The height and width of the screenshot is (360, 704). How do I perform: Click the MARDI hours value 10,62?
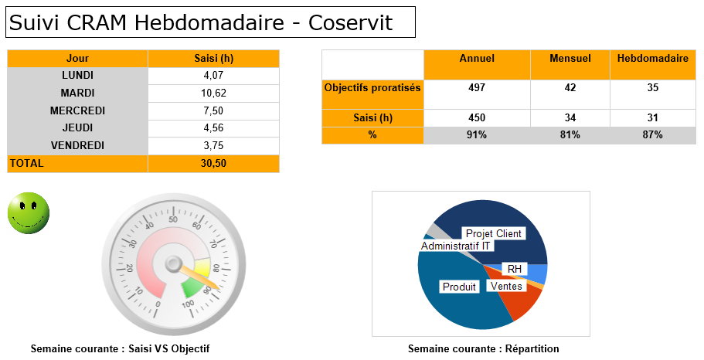click(x=214, y=93)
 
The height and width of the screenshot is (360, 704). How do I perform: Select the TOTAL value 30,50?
click(x=214, y=164)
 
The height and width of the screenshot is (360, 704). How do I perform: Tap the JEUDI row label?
click(x=78, y=128)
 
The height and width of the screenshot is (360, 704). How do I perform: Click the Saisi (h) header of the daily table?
click(x=214, y=59)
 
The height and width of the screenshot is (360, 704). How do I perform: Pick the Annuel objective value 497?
click(x=477, y=87)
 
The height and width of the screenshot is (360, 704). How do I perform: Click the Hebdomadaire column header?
click(x=653, y=59)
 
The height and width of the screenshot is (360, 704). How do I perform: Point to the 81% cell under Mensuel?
click(x=570, y=135)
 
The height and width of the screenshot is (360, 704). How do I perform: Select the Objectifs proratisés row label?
click(x=372, y=87)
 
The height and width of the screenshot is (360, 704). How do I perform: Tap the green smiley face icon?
click(x=29, y=213)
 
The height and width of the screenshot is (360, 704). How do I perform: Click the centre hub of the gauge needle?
click(x=173, y=264)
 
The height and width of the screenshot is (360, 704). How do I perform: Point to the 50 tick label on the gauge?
click(x=173, y=219)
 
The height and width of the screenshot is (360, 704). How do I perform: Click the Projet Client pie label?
click(x=494, y=233)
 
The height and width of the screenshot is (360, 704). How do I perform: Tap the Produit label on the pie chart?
click(x=459, y=287)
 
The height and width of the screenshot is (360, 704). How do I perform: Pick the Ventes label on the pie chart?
click(x=506, y=287)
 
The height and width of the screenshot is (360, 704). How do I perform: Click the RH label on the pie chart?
click(x=515, y=269)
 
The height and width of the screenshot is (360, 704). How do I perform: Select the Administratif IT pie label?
click(x=455, y=246)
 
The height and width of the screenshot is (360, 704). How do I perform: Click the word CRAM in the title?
click(x=97, y=22)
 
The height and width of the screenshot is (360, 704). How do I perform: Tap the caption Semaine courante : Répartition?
click(x=484, y=348)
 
